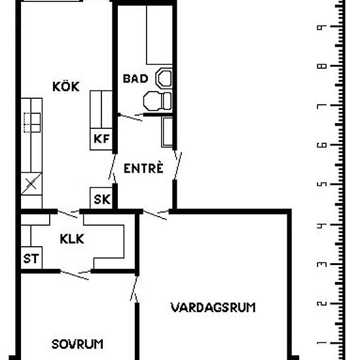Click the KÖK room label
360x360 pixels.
66,86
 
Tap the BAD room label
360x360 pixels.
135,79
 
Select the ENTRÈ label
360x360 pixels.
143,168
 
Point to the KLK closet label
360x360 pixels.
71,240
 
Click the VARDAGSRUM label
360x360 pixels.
213,307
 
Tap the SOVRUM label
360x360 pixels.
78,344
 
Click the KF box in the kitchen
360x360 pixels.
101,138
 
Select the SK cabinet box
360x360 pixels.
101,199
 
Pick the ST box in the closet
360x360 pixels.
31,259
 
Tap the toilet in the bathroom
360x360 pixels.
156,101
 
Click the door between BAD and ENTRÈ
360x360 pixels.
130,118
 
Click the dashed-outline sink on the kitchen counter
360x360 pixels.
31,121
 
